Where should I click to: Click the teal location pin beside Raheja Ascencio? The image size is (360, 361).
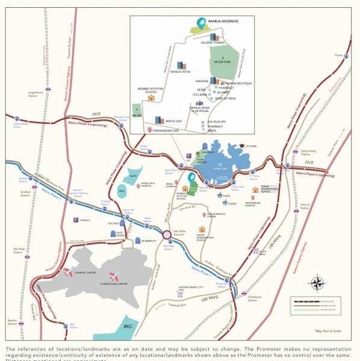point(200,24)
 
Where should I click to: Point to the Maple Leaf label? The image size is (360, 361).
point(174,120)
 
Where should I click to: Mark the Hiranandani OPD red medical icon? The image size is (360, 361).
point(149,130)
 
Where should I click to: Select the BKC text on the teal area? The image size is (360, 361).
point(127,326)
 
